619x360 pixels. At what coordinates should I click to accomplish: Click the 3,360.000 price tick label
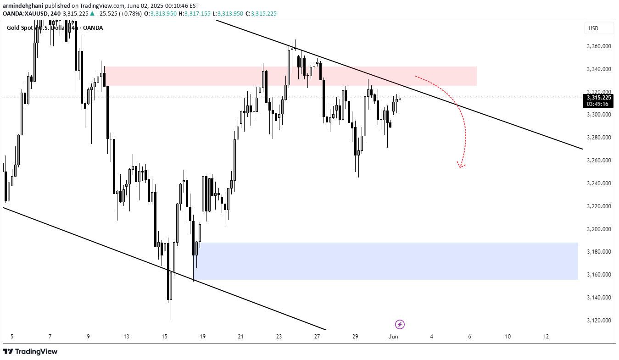click(599, 46)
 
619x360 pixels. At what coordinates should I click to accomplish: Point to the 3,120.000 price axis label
click(599, 321)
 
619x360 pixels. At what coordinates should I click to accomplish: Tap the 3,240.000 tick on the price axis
click(599, 183)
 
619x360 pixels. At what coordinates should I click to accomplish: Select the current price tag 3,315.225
click(599, 97)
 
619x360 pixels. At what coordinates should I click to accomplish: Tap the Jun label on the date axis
click(393, 337)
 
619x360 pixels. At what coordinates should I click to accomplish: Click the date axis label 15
click(165, 337)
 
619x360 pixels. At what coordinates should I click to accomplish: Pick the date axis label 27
click(317, 337)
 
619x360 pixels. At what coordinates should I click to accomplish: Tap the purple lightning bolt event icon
click(400, 325)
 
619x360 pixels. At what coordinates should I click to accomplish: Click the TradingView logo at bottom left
click(31, 352)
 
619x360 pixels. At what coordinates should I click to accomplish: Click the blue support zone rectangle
click(385, 261)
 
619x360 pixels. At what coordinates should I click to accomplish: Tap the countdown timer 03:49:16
click(599, 104)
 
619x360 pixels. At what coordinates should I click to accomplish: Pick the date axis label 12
click(546, 337)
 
